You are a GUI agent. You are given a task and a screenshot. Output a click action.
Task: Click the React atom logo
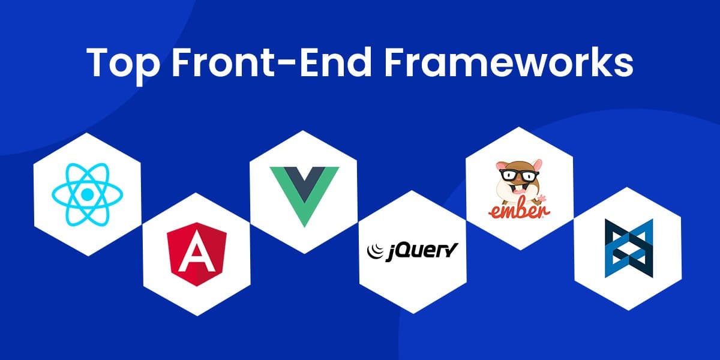coord(88,194)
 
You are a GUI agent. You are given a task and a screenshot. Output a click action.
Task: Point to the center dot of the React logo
coord(88,194)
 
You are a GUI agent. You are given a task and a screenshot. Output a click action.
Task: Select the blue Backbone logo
coord(628,248)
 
